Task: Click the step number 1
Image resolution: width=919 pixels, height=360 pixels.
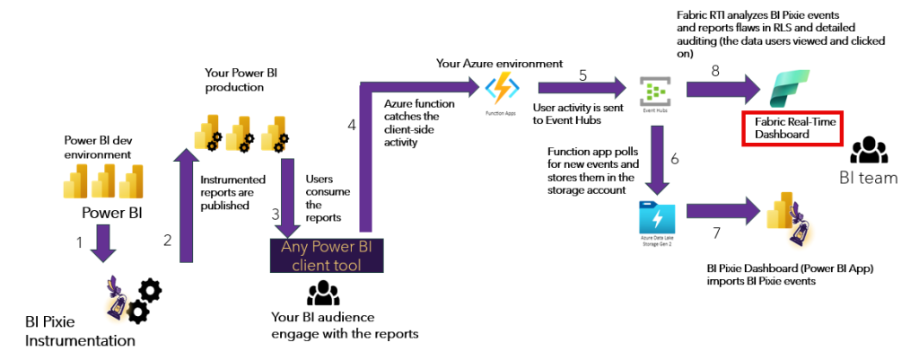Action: (79, 243)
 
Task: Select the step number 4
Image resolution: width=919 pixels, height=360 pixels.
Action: (351, 126)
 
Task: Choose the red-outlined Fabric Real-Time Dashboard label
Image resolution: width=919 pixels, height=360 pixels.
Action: (790, 128)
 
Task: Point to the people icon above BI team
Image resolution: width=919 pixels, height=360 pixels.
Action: (868, 149)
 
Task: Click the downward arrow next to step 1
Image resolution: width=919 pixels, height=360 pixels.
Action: (103, 242)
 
